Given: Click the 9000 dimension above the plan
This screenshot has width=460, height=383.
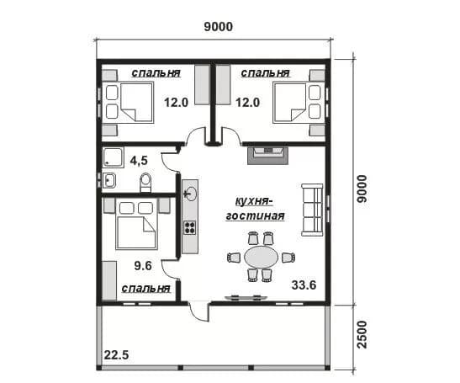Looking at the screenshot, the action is tap(219, 27).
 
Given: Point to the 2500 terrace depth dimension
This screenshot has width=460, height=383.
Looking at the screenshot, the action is tap(362, 334).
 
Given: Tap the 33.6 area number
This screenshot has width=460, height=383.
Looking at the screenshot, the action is tap(304, 285).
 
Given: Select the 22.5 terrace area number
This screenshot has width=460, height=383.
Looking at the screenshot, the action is tap(116, 355).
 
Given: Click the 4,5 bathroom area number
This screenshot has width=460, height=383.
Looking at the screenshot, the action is tap(139, 161).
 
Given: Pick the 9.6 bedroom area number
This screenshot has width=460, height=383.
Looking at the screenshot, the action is tap(143, 266).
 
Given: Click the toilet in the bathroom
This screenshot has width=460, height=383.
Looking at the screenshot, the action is tap(145, 182).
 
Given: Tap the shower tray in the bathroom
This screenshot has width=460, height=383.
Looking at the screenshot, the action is tap(114, 157).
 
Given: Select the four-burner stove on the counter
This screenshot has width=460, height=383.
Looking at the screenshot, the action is tap(189, 227).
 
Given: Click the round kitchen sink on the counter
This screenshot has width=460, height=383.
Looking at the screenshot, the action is tap(191, 194).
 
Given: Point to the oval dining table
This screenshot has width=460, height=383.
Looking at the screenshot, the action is tap(261, 257).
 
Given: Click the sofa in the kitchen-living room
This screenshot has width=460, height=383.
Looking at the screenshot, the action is tap(312, 210).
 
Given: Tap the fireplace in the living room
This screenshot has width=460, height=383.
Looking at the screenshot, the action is tap(268, 156).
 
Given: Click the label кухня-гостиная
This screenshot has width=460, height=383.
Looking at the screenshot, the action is tap(255, 209).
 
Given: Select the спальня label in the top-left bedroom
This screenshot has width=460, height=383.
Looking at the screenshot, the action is tap(156, 73).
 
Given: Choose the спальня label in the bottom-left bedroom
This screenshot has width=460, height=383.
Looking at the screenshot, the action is tap(145, 288).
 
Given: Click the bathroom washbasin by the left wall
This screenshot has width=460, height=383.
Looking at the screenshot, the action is tap(109, 180).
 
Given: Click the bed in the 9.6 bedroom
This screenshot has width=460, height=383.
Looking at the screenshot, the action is tap(136, 224).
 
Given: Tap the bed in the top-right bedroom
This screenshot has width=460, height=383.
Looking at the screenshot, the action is tap(299, 103).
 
